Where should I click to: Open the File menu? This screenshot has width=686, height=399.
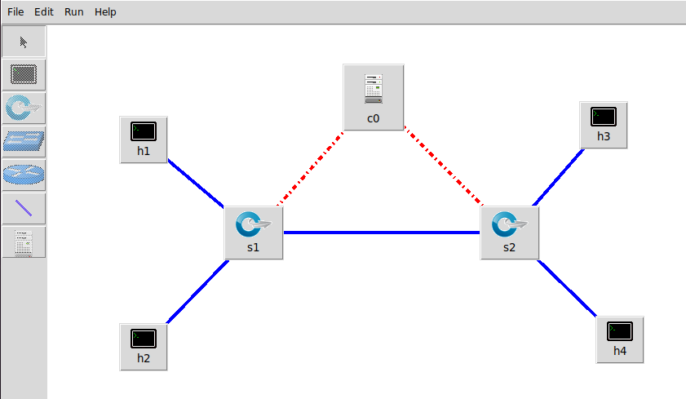pos(15,12)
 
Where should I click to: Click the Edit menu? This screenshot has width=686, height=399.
pos(44,12)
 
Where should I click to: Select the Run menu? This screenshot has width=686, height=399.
pos(74,12)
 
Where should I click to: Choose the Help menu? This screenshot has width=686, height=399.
pos(105,12)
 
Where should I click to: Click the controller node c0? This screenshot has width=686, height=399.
pos(373,96)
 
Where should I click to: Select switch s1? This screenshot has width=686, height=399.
pos(253,233)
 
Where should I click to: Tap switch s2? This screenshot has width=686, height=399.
pos(509,233)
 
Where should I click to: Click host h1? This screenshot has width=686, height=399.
pos(144,139)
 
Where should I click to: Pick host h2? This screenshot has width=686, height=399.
pos(144,346)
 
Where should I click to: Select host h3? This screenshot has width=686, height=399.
pos(603,124)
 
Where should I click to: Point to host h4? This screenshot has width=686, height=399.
pos(620,339)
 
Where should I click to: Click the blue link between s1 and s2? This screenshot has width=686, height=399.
pos(381,233)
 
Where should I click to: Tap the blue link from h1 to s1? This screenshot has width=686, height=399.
pos(196,184)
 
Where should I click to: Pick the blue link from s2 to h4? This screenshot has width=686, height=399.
pos(566,287)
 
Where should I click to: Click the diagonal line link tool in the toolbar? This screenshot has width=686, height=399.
pos(24,209)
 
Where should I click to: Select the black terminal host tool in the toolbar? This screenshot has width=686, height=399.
pos(24,75)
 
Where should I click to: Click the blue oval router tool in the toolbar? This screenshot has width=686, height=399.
pos(24,175)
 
